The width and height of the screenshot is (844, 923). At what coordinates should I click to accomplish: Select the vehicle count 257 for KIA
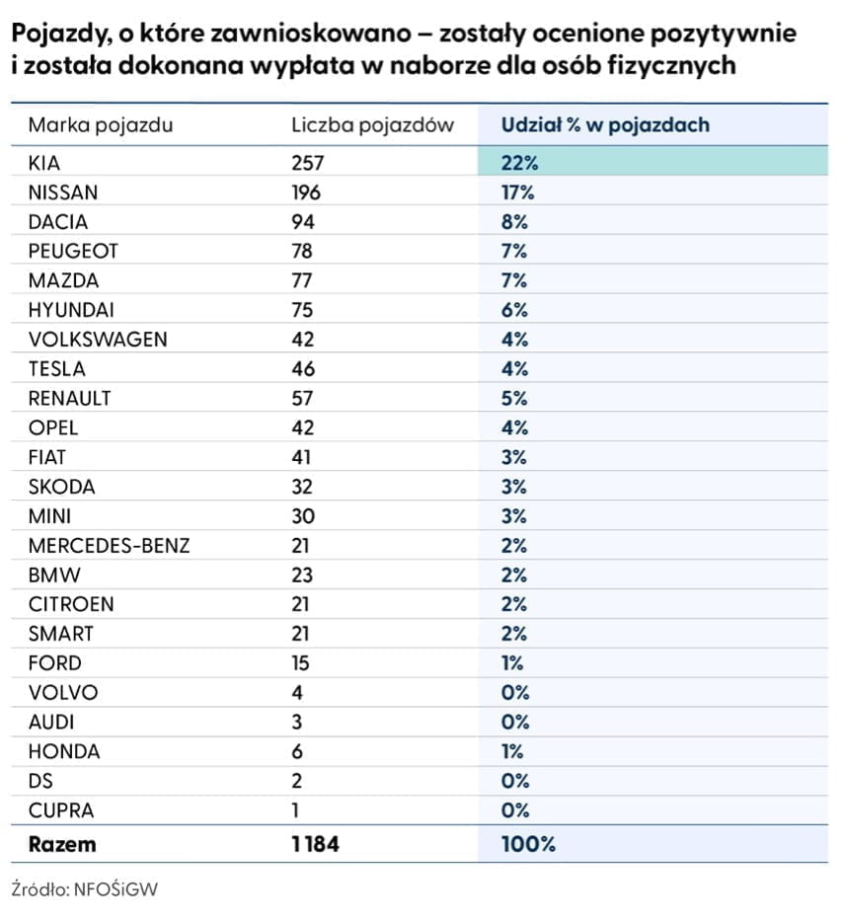tap(308, 162)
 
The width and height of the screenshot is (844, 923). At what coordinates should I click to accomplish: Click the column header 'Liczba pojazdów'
tap(372, 125)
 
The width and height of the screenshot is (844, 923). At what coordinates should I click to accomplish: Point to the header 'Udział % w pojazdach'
tap(605, 125)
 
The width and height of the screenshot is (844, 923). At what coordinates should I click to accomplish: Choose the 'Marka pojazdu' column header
tap(101, 125)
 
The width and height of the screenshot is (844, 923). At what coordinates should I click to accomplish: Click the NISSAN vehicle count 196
tap(306, 192)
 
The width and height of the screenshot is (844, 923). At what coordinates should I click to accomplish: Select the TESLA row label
tap(57, 369)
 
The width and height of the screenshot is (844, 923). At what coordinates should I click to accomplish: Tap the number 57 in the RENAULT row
tap(302, 398)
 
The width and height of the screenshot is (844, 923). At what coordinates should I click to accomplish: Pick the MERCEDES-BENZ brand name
tap(110, 546)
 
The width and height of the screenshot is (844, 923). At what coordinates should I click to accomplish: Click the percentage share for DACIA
tap(514, 221)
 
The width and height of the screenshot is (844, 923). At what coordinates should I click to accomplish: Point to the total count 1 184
tap(315, 844)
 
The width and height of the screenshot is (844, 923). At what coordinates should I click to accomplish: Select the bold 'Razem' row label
tap(62, 844)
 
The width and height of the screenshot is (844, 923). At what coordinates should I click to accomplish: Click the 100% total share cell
tap(528, 844)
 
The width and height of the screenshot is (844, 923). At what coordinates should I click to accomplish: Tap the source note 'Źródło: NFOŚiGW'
tap(85, 889)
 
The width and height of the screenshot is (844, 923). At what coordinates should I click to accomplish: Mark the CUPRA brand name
tap(60, 810)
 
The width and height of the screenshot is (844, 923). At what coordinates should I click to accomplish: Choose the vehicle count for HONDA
tap(297, 751)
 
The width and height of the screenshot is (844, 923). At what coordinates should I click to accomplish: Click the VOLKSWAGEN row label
tap(98, 339)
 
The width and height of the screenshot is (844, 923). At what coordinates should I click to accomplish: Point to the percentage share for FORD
tap(512, 662)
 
